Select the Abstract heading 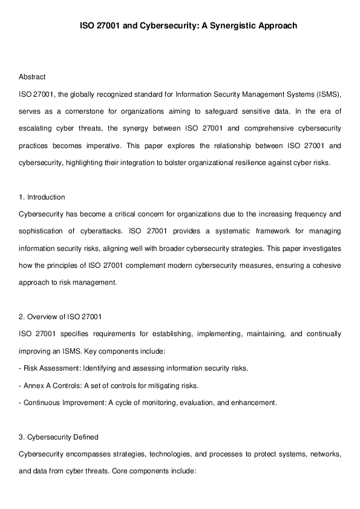32,77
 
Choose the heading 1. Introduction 42,197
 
